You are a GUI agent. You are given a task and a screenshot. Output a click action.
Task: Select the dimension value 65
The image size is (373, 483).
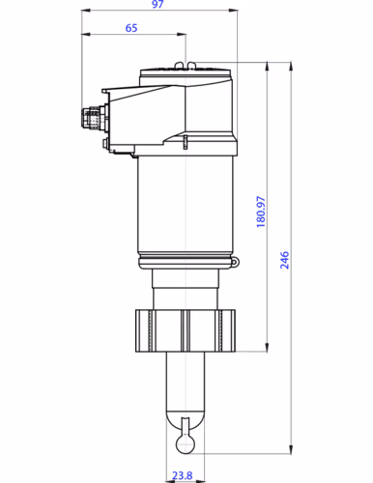coord(130,29)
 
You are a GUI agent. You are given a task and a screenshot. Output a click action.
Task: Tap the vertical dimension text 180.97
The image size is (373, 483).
coord(260,212)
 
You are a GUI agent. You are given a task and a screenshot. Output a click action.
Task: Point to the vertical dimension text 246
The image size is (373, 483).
coord(285,259)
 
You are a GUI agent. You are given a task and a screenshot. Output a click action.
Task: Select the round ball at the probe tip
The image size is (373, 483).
coord(185,440)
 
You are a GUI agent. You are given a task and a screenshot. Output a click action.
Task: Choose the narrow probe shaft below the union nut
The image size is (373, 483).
coord(185,382)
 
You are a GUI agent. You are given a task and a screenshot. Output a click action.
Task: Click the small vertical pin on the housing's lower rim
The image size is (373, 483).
coord(185,143)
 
